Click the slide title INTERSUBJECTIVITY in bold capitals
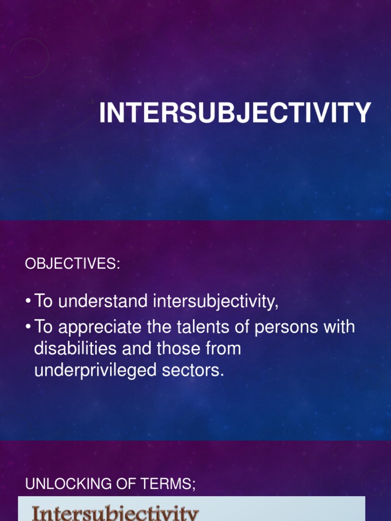pyautogui.click(x=235, y=113)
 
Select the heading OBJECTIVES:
pyautogui.click(x=73, y=264)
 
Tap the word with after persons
pyautogui.click(x=339, y=327)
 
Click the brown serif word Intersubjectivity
pyautogui.click(x=115, y=513)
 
